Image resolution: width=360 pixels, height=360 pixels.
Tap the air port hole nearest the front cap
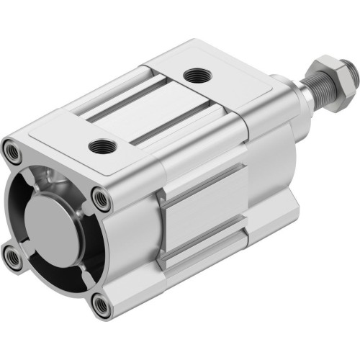click(x=102, y=147)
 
